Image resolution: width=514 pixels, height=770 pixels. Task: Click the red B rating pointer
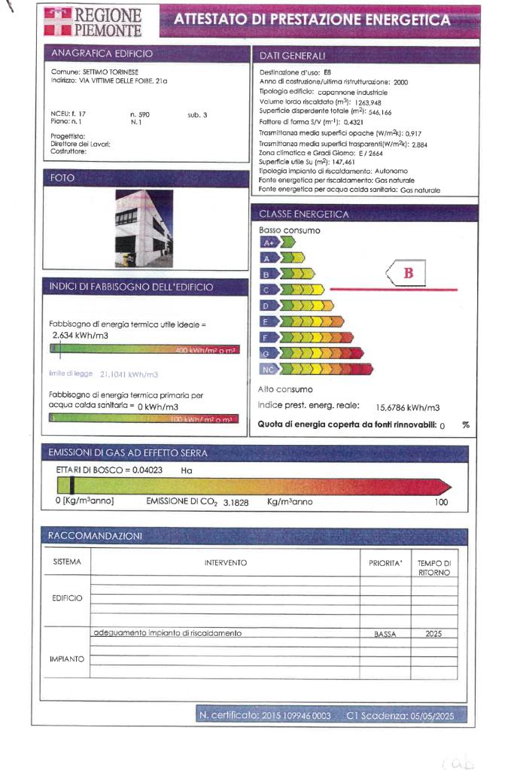406,273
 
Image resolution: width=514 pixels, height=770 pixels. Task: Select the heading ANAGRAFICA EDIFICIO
102,53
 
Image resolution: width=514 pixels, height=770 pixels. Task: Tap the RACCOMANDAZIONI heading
95,536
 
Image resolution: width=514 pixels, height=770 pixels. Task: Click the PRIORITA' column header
385,563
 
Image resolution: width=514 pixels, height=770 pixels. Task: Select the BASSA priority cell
385,635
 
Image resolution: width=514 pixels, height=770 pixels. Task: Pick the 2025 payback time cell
433,634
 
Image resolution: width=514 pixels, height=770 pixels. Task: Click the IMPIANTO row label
67,659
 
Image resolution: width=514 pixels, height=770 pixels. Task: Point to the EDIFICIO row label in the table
67,598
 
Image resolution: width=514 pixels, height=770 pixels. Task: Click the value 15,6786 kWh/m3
407,407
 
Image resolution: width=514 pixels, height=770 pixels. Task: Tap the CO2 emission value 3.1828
239,501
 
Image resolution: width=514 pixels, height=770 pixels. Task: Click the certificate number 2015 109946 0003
297,715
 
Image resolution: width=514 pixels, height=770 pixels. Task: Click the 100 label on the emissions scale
441,501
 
